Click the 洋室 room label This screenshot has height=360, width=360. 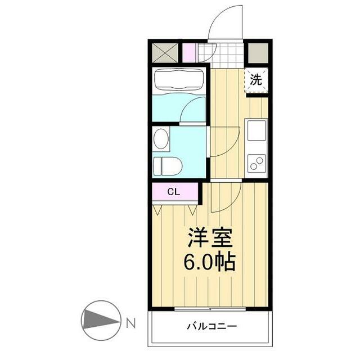[209, 238]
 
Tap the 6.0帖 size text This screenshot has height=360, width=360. [209, 262]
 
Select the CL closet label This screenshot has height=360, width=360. [173, 192]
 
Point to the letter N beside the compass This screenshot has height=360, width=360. [130, 323]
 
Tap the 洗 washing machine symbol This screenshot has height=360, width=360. [255, 80]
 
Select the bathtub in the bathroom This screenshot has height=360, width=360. [178, 80]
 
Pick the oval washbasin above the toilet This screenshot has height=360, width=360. [161, 138]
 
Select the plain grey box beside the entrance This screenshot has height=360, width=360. [258, 53]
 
